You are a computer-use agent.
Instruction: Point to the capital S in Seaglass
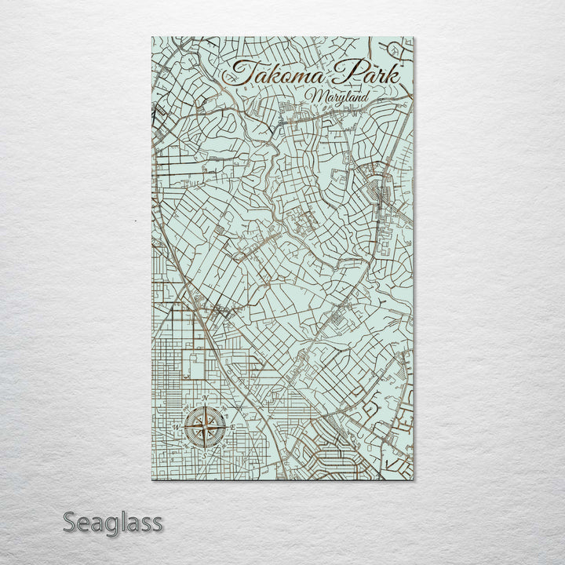click(x=69, y=522)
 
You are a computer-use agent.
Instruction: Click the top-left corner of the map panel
click(x=151, y=37)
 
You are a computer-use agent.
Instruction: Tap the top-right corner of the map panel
click(x=414, y=37)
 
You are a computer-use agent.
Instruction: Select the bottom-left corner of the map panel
click(x=151, y=479)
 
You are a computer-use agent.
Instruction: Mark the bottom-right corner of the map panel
click(x=414, y=479)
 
